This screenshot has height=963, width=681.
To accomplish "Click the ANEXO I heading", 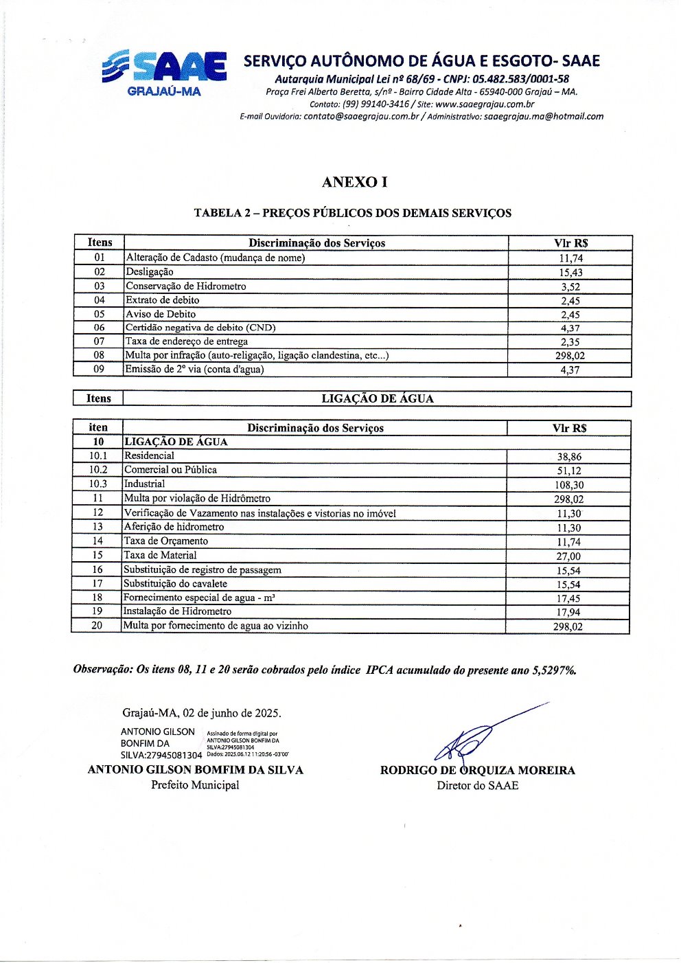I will click(x=354, y=182).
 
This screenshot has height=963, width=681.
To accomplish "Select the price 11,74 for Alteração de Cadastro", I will click(x=570, y=258).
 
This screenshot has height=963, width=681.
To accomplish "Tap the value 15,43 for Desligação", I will click(x=570, y=273).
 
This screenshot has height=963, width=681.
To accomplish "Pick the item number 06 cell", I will click(x=100, y=328).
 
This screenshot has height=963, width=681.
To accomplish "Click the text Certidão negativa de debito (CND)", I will click(x=200, y=328).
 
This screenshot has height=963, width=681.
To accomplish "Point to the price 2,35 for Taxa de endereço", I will click(x=570, y=342).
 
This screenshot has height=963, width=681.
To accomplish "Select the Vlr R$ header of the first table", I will click(x=570, y=243).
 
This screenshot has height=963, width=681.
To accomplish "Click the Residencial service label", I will click(x=149, y=455).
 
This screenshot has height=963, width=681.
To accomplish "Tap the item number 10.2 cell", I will click(x=98, y=470).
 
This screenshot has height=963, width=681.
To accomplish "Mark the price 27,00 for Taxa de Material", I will click(x=568, y=556).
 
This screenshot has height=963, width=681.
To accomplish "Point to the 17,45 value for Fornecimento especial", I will click(x=568, y=599).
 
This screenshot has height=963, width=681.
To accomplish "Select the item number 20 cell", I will click(x=97, y=626).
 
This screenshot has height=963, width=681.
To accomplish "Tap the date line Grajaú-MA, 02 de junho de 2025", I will click(x=201, y=713).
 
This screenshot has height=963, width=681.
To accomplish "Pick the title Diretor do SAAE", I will click(x=477, y=785).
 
